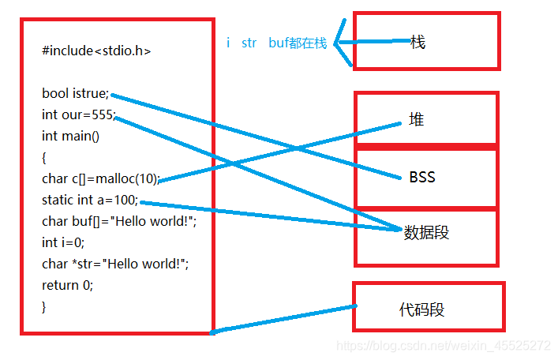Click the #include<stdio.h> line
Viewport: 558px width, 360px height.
pyautogui.click(x=96, y=51)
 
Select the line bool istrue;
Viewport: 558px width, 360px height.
pyautogui.click(x=76, y=93)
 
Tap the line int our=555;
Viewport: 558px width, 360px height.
pyautogui.click(x=78, y=114)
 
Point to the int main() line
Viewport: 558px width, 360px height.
pyautogui.click(x=71, y=136)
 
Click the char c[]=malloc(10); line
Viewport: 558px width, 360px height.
pyautogui.click(x=100, y=178)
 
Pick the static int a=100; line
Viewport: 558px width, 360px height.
pyautogui.click(x=90, y=200)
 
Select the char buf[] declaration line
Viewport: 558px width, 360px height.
pyautogui.click(x=118, y=221)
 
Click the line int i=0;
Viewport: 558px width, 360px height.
pyautogui.click(x=63, y=242)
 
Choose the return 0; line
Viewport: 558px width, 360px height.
pyautogui.click(x=67, y=285)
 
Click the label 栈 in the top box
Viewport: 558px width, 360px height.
pyautogui.click(x=418, y=43)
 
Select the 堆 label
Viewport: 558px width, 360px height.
pyautogui.click(x=416, y=120)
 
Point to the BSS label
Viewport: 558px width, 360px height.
pyautogui.click(x=422, y=177)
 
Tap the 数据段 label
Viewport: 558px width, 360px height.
pyautogui.click(x=426, y=233)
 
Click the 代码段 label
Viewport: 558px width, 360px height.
pyautogui.click(x=422, y=309)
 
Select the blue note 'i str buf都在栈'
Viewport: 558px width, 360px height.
pyautogui.click(x=275, y=43)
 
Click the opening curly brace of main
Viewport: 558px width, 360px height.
pyautogui.click(x=45, y=157)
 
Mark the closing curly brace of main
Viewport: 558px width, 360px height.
pyautogui.click(x=45, y=306)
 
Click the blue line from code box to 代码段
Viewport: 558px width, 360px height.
pyautogui.click(x=284, y=319)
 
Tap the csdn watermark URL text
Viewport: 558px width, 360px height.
pyautogui.click(x=444, y=346)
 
